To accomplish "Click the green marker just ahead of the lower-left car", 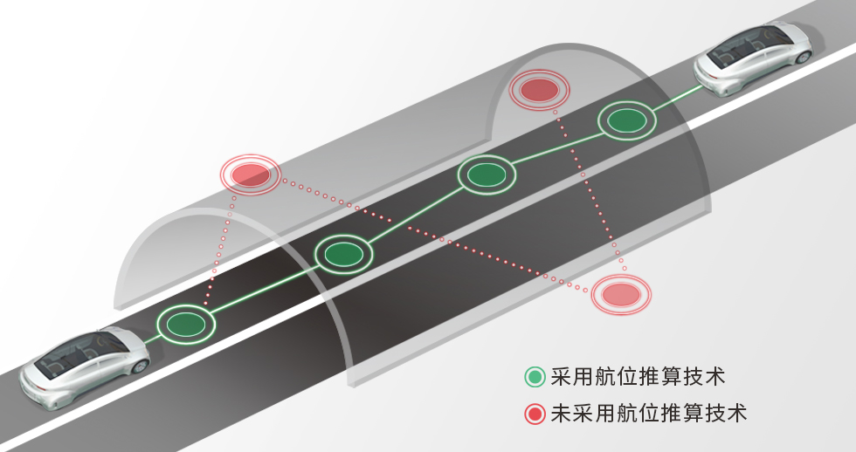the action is click(186, 325).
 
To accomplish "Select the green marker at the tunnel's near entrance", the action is click(344, 254).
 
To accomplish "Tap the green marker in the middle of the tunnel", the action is click(487, 175).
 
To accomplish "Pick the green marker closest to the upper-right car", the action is click(627, 120).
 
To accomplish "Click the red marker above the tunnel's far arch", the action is click(540, 90).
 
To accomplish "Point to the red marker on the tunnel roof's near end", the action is click(250, 175).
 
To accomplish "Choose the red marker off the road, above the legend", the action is click(622, 294).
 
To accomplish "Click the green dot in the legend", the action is click(535, 377).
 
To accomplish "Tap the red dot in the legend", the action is click(535, 414).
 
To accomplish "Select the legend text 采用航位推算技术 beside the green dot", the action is click(638, 377).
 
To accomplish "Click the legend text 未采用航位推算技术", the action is click(648, 414).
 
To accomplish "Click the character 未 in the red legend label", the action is click(561, 414).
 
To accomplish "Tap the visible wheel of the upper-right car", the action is click(803, 56).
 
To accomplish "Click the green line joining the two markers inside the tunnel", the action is click(416, 215).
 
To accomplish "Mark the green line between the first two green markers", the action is click(266, 290).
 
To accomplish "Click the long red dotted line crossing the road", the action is click(436, 236).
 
